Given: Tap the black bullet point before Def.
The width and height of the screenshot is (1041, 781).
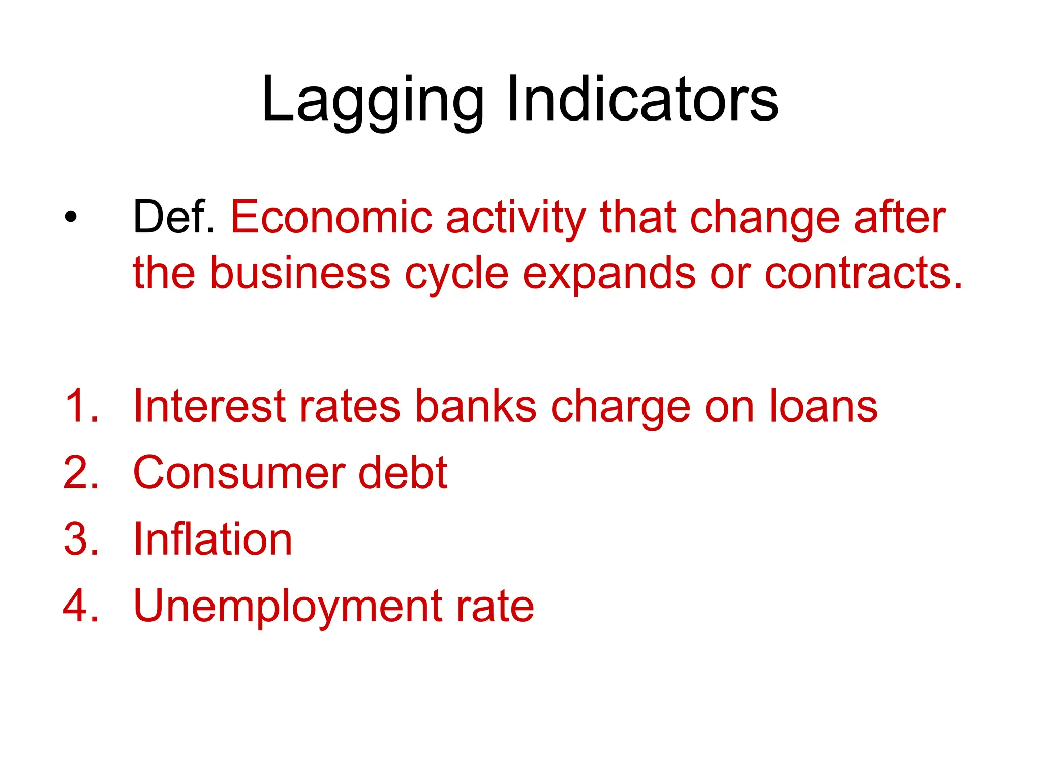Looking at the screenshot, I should pyautogui.click(x=71, y=217).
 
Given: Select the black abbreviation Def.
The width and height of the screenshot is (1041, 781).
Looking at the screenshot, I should pyautogui.click(x=173, y=217).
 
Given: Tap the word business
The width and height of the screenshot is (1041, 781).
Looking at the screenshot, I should pyautogui.click(x=300, y=273).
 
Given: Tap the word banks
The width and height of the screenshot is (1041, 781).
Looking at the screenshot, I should pyautogui.click(x=475, y=406).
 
